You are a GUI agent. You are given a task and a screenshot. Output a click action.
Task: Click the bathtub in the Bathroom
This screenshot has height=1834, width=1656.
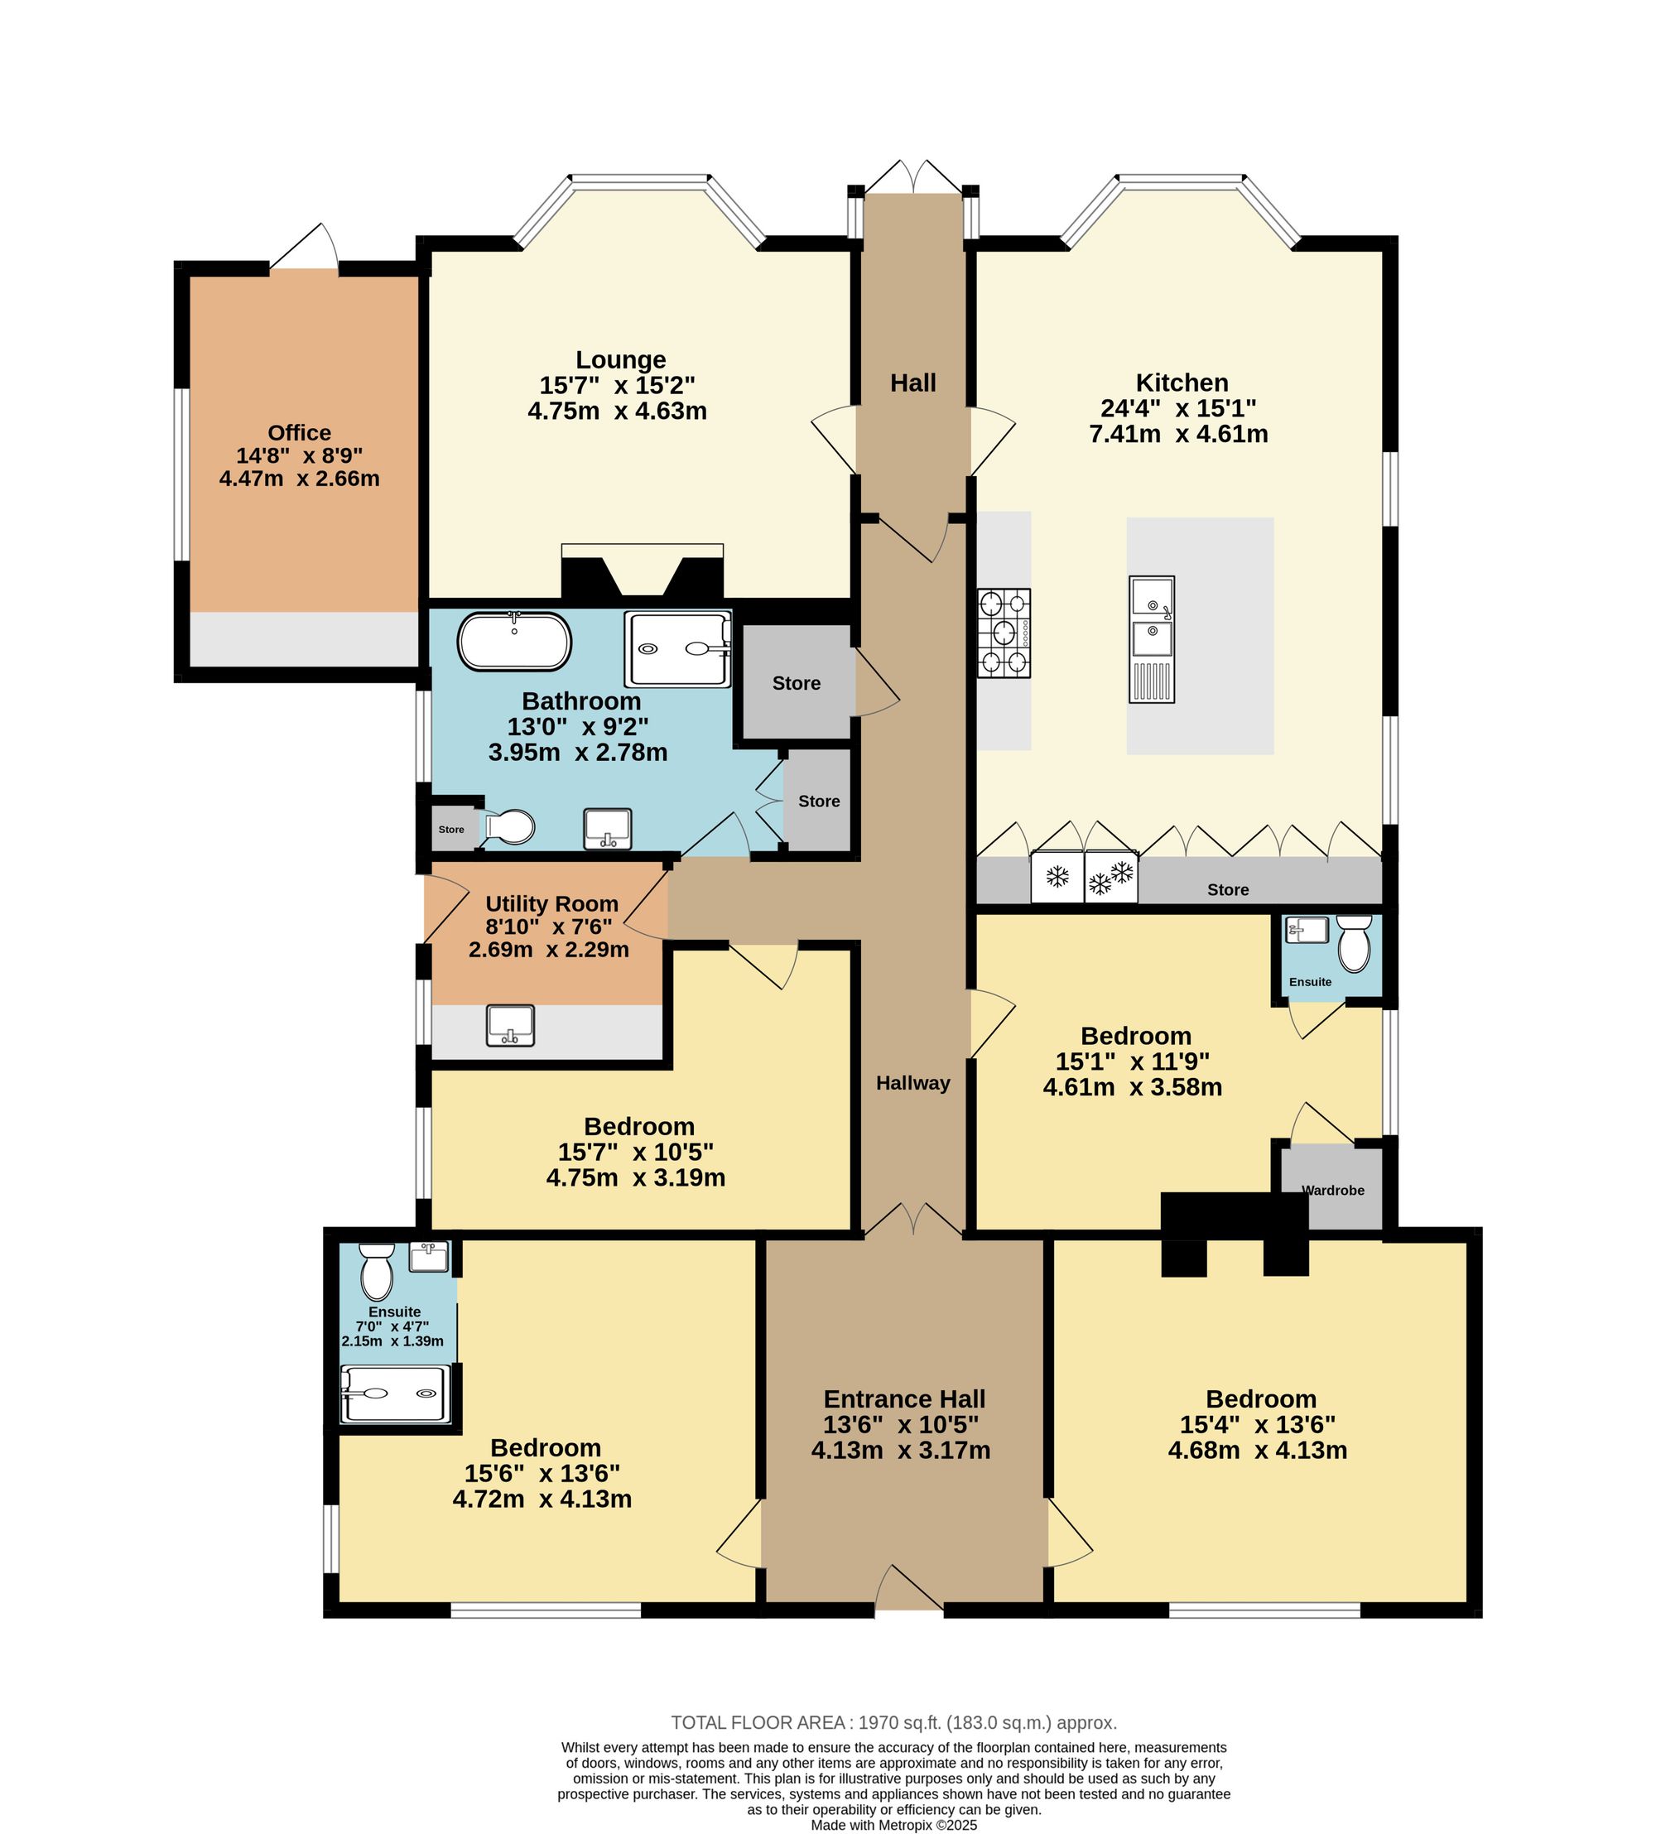[514, 643]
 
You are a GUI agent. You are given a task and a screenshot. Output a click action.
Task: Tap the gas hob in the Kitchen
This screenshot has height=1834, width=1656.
[1004, 633]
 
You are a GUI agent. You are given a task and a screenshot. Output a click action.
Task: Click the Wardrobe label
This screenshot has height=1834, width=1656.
[1333, 1190]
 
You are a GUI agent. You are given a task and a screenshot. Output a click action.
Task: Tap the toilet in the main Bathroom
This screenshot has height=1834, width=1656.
[508, 827]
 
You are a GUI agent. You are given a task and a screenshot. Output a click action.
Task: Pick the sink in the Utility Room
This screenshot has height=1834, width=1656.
[510, 1025]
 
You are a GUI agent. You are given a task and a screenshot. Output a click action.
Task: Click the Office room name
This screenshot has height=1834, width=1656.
[300, 433]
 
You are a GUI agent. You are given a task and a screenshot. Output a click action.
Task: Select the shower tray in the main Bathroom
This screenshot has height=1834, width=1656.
[678, 648]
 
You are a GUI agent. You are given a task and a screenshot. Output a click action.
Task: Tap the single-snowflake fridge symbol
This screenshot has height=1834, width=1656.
[1057, 877]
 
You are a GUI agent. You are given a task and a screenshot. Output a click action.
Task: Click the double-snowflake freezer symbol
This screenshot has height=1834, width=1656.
[1111, 877]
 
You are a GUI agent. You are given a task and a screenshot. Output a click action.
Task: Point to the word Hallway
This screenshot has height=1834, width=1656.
[912, 1082]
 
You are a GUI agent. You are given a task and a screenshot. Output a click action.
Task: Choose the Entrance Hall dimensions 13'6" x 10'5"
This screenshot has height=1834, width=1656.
[901, 1425]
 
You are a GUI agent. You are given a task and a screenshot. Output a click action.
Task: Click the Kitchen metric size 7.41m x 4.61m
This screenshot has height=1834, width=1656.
[1178, 434]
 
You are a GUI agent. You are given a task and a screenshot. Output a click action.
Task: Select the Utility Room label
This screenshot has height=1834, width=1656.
[551, 904]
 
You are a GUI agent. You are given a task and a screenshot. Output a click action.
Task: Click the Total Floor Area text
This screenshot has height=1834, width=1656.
[893, 1722]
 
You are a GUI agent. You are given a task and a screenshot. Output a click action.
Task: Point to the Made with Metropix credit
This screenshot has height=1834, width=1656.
[893, 1825]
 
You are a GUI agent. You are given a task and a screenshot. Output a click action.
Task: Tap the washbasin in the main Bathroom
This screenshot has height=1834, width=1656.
[608, 829]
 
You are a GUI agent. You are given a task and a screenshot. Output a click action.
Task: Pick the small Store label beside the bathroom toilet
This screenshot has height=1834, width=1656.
[451, 830]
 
